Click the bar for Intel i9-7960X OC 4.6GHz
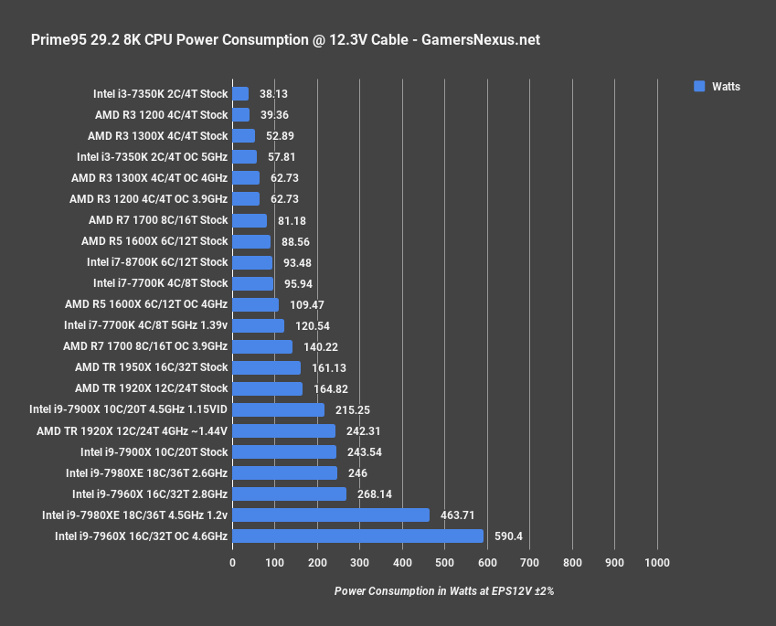[357, 536]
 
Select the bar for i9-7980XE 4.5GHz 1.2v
[331, 515]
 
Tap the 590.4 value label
[508, 536]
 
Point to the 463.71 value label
[457, 515]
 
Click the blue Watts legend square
[699, 87]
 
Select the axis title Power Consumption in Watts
[444, 591]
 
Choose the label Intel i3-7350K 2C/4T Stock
[160, 93]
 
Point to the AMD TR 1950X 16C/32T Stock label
[151, 367]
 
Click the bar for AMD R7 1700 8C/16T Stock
[250, 220]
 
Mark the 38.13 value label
[274, 94]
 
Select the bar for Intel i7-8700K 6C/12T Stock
[252, 262]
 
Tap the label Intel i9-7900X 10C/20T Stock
[154, 451]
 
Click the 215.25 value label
[352, 410]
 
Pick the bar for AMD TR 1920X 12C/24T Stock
[268, 388]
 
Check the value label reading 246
[357, 473]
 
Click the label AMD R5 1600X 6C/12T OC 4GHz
[146, 304]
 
